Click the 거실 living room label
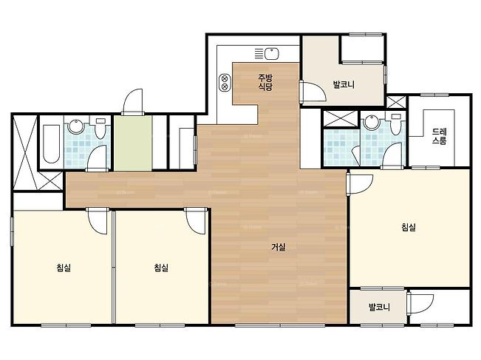pyautogui.click(x=279, y=247)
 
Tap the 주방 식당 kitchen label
pyautogui.click(x=265, y=82)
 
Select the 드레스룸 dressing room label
pyautogui.click(x=440, y=136)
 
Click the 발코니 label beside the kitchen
pyautogui.click(x=344, y=84)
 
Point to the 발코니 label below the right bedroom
pyautogui.click(x=380, y=307)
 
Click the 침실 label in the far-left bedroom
pyautogui.click(x=64, y=268)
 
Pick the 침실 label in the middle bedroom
pyautogui.click(x=161, y=268)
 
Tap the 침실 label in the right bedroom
pyautogui.click(x=409, y=228)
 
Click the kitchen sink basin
pyautogui.click(x=271, y=54)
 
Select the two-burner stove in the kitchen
pyautogui.click(x=225, y=83)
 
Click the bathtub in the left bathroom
pyautogui.click(x=51, y=143)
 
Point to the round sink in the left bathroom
pyautogui.click(x=75, y=126)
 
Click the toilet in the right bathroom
pyautogui.click(x=396, y=125)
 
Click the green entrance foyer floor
pyautogui.click(x=133, y=143)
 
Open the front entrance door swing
pyautogui.click(x=133, y=101)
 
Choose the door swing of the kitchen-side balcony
pyautogui.click(x=313, y=92)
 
